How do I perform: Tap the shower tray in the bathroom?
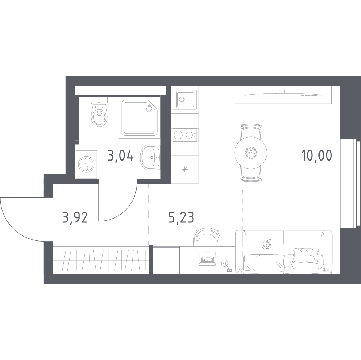139,118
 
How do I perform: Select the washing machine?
86,164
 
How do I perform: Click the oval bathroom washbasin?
150,157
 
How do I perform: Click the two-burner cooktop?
185,135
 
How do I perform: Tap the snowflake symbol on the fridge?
185,170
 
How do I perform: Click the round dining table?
250,153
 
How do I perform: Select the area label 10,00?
317,156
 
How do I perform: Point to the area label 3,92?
75,217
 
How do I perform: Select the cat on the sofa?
267,245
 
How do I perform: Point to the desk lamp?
227,266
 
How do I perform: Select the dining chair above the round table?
250,131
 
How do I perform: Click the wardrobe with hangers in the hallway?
101,260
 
